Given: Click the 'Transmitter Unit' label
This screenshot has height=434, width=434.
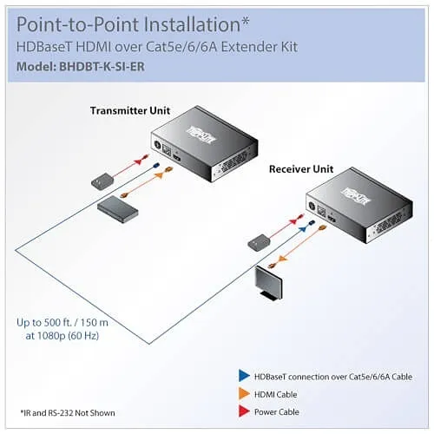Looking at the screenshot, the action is tap(130, 110).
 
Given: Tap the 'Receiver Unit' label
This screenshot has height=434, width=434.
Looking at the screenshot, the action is tap(301, 169).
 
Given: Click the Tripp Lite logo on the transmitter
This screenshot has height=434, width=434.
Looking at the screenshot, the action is tap(201, 135).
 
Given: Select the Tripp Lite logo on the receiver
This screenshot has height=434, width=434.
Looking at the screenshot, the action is tap(356, 196).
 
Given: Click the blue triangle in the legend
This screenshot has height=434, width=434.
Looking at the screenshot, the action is tap(244, 376).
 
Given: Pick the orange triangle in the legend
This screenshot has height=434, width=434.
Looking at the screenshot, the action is tap(244, 393).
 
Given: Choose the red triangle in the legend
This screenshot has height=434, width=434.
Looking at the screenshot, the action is tap(244, 411).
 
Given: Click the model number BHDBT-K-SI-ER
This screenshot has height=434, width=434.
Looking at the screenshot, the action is tap(102, 67).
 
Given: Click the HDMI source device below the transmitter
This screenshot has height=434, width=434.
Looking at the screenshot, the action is tap(117, 207).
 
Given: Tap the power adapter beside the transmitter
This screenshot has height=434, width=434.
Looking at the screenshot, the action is tap(102, 181).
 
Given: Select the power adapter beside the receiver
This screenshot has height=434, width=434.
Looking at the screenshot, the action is tap(259, 242).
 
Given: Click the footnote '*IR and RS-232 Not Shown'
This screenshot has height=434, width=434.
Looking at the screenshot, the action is tap(68, 413).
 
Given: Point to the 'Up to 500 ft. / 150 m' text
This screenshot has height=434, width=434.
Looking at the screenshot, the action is tap(62, 322).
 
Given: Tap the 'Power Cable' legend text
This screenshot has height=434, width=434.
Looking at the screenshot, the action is tap(276, 411).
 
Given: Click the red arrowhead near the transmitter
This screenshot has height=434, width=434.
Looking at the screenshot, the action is tap(141, 161).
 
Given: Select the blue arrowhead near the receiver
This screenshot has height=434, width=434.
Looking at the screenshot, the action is tap(302, 229).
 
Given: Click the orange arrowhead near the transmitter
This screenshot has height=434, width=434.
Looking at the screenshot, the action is tap(160, 175).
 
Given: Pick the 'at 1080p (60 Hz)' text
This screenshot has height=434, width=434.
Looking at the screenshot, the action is tap(62, 336).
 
